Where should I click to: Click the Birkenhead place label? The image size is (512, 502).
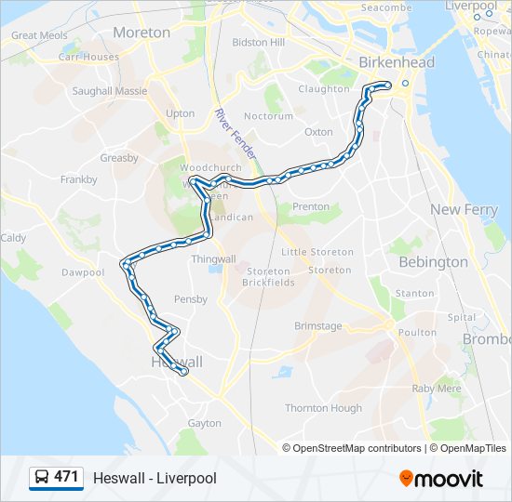397,62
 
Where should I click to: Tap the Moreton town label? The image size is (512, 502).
141,33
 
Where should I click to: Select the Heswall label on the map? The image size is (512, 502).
176,361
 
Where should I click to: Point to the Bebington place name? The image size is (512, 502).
433,262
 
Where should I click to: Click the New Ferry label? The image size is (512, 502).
464,210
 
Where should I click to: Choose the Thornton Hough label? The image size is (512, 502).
323,408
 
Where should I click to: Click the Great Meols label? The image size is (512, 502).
38,36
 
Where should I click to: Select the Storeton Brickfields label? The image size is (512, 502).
267,276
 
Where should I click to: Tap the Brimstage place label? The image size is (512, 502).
318,326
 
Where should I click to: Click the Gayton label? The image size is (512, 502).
205,423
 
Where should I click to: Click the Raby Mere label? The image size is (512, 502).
437,389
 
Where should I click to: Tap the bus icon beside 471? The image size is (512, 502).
42,478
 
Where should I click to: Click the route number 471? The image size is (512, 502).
66,477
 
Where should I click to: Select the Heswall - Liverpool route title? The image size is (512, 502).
155,478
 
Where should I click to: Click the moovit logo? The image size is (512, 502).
441,479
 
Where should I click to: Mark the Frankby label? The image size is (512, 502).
79,179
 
